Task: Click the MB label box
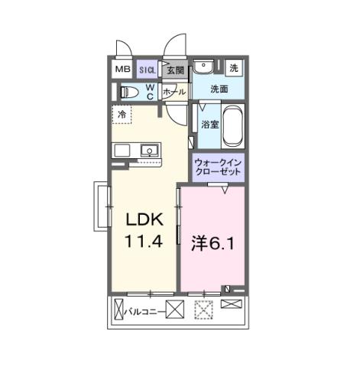pyautogui.click(x=123, y=70)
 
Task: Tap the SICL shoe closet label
pyautogui.click(x=148, y=70)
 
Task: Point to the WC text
pyautogui.click(x=150, y=92)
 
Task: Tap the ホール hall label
pyautogui.click(x=174, y=91)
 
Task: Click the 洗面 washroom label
pyautogui.click(x=220, y=89)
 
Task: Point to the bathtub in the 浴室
pyautogui.click(x=232, y=125)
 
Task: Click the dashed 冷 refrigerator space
pyautogui.click(x=122, y=114)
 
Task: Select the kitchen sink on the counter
pyautogui.click(x=148, y=150)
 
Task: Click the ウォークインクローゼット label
pyautogui.click(x=218, y=167)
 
